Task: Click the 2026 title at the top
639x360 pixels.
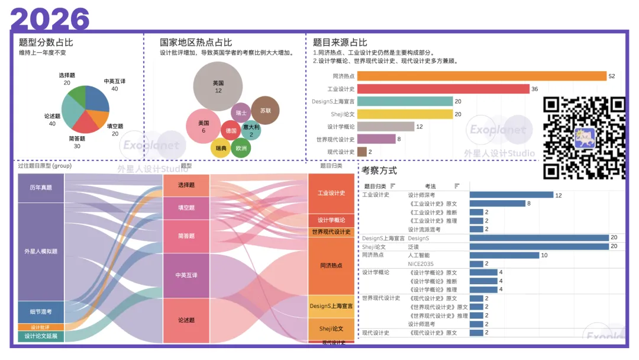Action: coord(50,19)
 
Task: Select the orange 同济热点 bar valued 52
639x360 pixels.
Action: coord(482,76)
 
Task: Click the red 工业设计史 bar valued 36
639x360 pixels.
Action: coord(443,89)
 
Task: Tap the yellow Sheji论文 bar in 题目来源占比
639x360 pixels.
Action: coord(405,114)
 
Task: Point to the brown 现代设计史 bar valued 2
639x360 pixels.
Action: coord(362,152)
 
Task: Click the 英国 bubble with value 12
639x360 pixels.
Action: coord(218,86)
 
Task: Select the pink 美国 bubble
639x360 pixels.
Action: coord(203,126)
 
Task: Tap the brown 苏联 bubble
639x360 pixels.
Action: coord(265,111)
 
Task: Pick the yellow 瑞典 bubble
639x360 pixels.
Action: coord(221,148)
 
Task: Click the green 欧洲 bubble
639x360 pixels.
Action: coord(241,148)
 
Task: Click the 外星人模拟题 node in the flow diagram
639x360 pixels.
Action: coord(41,252)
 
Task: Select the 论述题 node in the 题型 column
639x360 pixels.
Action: coord(186,320)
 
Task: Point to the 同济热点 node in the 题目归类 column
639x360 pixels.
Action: coord(331,266)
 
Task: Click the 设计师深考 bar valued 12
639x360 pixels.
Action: coord(511,195)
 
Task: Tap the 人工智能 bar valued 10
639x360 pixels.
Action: coord(504,255)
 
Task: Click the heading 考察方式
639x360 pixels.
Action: coord(379,171)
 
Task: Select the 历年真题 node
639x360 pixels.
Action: coord(41,188)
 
